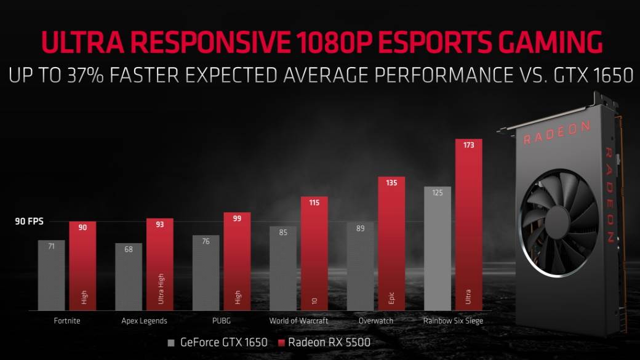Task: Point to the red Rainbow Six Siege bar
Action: pyautogui.click(x=468, y=228)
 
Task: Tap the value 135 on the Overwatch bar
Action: pyautogui.click(x=391, y=183)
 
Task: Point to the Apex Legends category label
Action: pyautogui.click(x=145, y=321)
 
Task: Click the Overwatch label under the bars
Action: pyautogui.click(x=375, y=321)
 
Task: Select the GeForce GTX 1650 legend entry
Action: pyautogui.click(x=217, y=342)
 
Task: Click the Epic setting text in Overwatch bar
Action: pyautogui.click(x=391, y=298)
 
